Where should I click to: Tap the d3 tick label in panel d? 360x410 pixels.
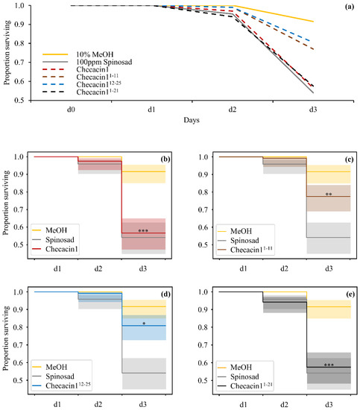coord(144,405)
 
